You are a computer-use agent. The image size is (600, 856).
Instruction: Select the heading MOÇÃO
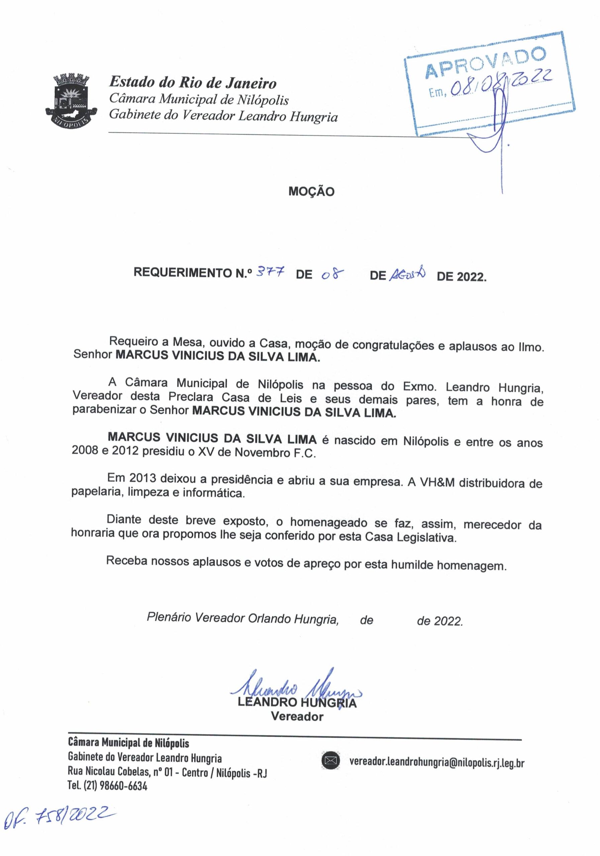311,192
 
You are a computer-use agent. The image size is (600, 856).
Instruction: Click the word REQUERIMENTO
180,273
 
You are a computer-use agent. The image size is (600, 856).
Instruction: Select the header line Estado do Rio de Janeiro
192,82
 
